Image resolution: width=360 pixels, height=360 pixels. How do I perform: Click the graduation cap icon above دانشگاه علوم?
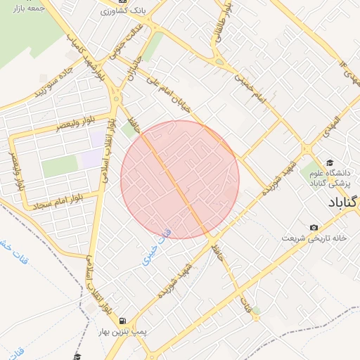[330, 163]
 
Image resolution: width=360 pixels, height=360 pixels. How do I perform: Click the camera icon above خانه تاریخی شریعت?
[314, 227]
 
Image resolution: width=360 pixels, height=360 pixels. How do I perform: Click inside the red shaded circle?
[180, 179]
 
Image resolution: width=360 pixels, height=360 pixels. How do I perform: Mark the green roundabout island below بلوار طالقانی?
[220, 62]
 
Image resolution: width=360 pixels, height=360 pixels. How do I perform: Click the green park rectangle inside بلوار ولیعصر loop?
[59, 167]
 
